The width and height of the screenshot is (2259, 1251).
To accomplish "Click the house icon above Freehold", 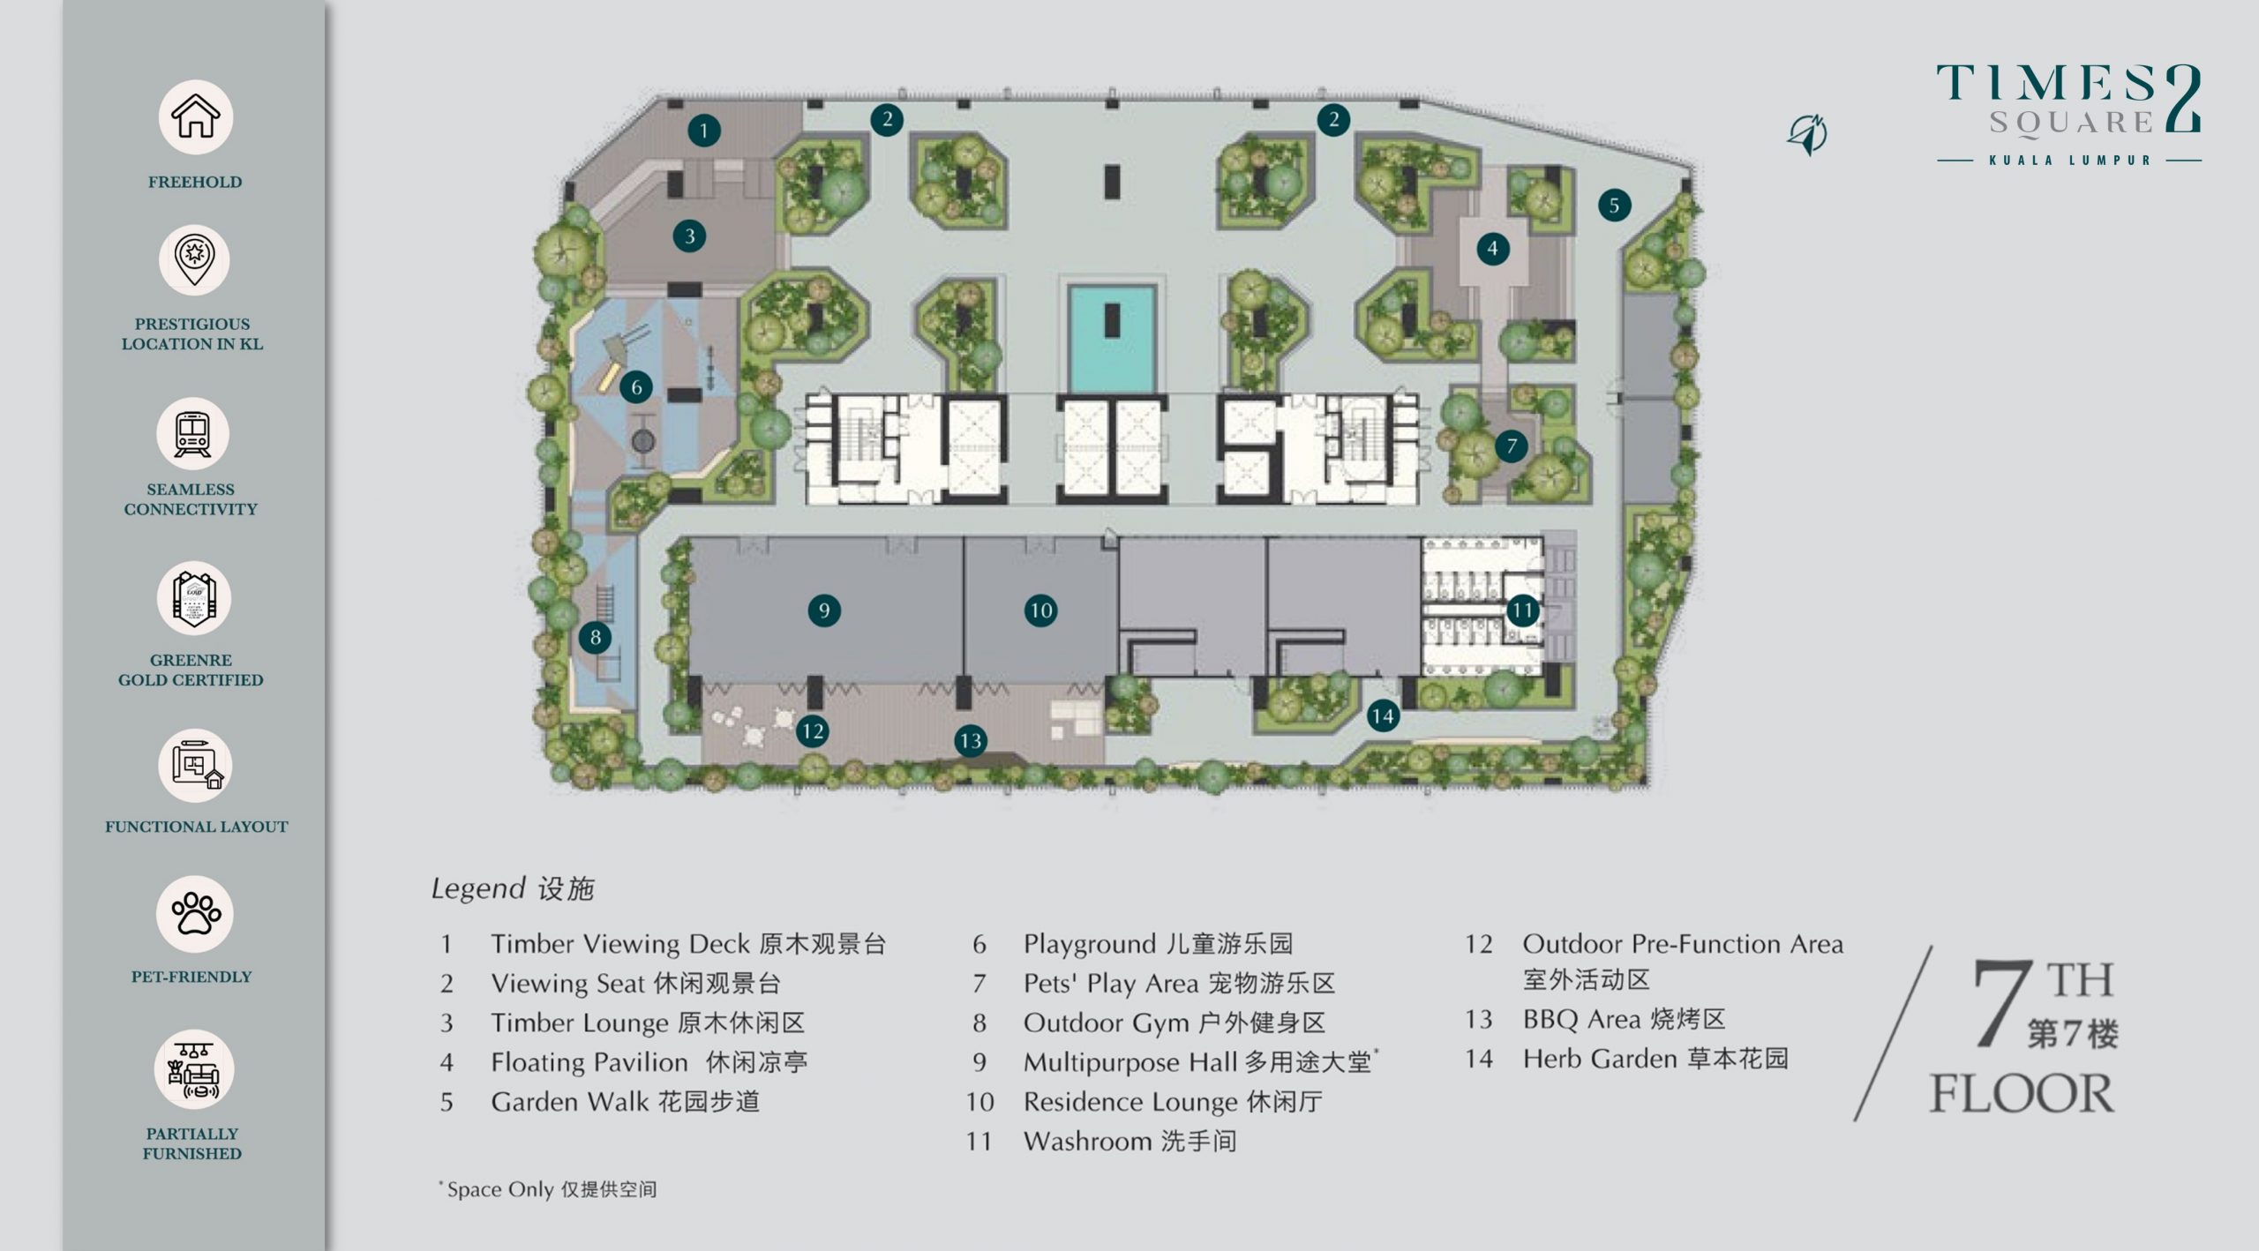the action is tap(195, 116).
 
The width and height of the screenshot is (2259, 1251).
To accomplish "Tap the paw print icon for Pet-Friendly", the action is tap(196, 914).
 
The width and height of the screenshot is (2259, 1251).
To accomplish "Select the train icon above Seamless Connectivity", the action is tap(192, 434).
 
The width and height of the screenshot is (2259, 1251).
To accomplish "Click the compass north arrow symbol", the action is tap(1808, 135).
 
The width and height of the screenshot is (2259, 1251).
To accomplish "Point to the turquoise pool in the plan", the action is tap(1112, 337).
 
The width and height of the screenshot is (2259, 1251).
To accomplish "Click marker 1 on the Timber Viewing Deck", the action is tap(704, 131).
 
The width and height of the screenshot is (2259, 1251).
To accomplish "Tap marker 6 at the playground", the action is tap(636, 386).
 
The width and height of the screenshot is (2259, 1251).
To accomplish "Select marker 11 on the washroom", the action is tap(1522, 610).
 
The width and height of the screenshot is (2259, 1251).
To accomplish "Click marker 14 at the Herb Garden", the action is tap(1383, 715).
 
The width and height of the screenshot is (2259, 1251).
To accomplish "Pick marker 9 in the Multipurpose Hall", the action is tap(824, 610).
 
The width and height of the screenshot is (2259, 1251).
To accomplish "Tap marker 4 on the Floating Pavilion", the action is tap(1493, 248).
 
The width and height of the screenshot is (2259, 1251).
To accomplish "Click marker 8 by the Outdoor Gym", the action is tap(596, 637).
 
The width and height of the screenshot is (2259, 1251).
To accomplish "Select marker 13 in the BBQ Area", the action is tap(971, 740).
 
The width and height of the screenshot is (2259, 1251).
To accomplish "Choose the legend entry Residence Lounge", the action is tap(1130, 1102).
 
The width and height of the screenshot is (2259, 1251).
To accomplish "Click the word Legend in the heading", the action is tap(478, 888).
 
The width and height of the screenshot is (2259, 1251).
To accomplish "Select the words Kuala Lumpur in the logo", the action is tap(2069, 161).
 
